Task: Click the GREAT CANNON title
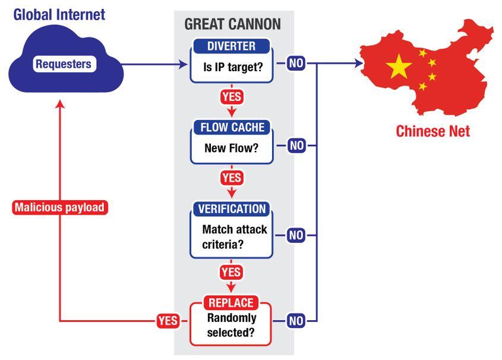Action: pos(232,24)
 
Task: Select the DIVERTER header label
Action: pos(231,46)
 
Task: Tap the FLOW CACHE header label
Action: pos(231,128)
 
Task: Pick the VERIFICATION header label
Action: pos(231,209)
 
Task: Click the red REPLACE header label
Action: pos(231,302)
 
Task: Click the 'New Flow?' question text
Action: pos(231,148)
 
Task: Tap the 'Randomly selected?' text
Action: pos(231,325)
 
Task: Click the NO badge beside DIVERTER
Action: pos(296,63)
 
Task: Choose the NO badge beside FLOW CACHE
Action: pos(296,145)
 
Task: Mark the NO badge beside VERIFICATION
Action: pos(296,236)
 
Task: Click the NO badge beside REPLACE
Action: pos(296,321)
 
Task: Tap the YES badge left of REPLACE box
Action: pos(168,321)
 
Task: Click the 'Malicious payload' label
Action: pos(59,208)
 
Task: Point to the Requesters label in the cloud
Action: pos(63,64)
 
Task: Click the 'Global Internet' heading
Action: pos(59,14)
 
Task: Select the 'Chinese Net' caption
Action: pos(432,131)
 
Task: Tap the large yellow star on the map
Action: pos(399,67)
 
